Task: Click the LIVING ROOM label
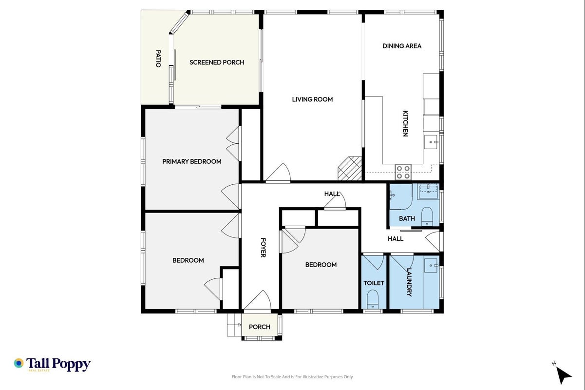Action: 312,99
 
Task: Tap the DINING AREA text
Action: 402,46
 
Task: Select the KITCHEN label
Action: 405,124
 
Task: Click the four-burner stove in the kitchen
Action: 403,172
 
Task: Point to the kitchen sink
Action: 431,142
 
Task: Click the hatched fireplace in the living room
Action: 350,169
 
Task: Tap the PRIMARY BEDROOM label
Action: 192,161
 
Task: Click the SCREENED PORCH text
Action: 217,62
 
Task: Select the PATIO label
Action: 158,58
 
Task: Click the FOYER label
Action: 263,248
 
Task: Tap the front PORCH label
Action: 260,327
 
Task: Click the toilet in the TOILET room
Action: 373,299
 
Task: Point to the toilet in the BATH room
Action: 427,216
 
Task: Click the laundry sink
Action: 431,266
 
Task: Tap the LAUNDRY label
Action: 409,282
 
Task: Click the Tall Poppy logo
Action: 52,365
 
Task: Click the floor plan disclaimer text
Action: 292,377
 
